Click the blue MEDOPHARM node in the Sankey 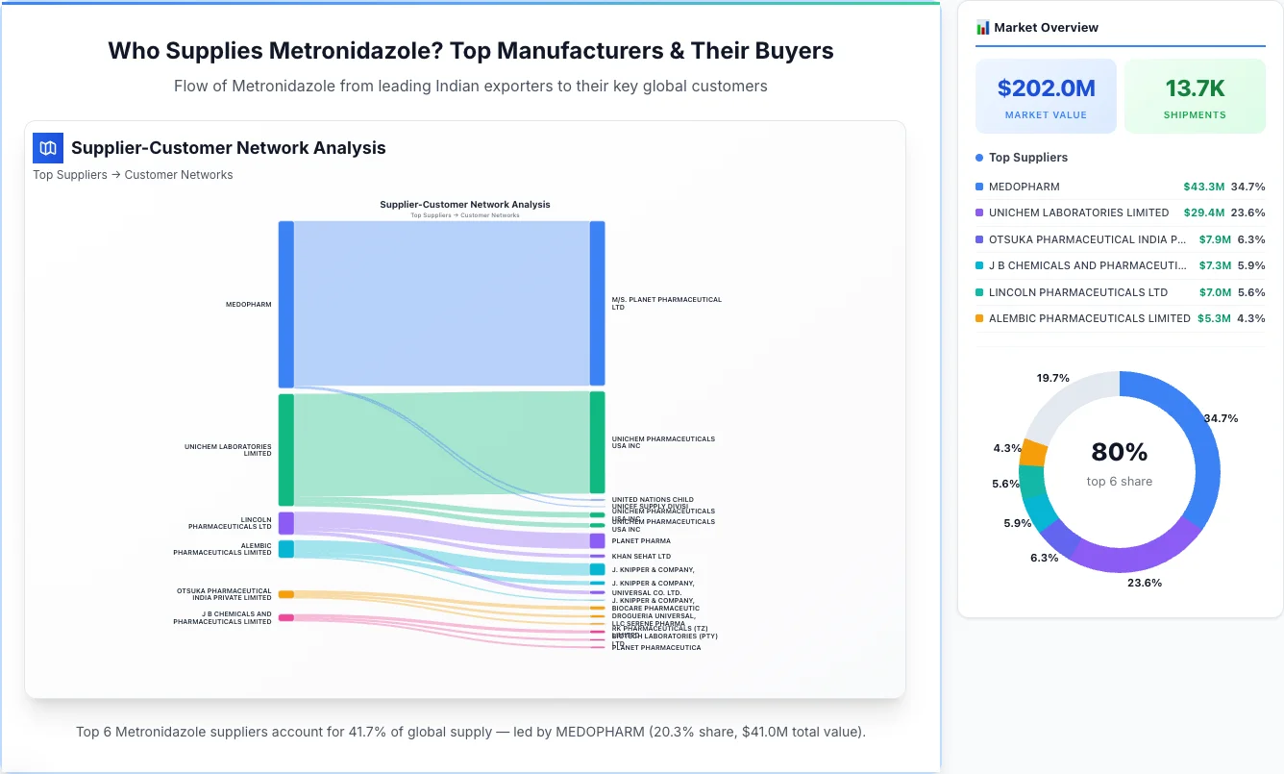(x=285, y=304)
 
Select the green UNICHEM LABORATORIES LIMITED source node (x=285, y=449)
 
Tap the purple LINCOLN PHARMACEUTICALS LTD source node (x=285, y=523)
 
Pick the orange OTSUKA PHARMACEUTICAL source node (x=285, y=594)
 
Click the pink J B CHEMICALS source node (x=285, y=617)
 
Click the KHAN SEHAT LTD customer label (x=641, y=556)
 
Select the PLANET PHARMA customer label (x=641, y=541)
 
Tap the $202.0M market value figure (x=1046, y=89)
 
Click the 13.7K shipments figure (x=1195, y=89)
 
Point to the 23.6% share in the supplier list (x=1247, y=212)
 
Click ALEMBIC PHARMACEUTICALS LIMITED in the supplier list (x=1089, y=318)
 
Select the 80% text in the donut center (x=1119, y=452)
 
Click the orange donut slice (x=1033, y=451)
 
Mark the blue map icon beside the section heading (x=47, y=148)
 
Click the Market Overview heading (x=1046, y=27)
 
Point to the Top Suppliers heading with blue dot (x=1027, y=158)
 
